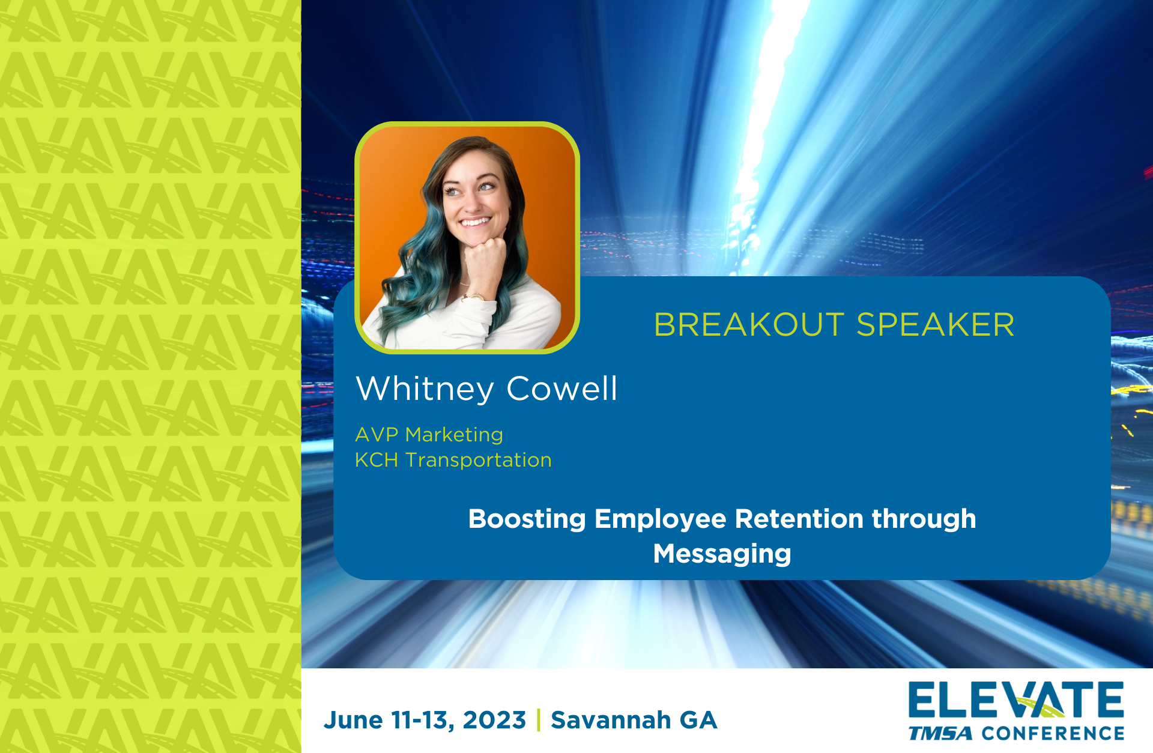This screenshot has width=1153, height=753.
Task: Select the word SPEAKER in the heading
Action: [x=936, y=325]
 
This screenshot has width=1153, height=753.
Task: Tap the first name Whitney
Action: [x=425, y=389]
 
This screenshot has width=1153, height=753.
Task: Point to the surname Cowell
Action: [x=562, y=389]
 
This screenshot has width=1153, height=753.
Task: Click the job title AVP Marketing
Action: [x=429, y=435]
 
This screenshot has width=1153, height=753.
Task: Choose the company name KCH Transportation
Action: [x=453, y=460]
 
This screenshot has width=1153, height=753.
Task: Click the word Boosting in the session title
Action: [x=527, y=519]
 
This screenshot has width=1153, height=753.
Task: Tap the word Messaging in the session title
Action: [x=722, y=554]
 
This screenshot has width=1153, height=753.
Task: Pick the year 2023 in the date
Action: [x=494, y=720]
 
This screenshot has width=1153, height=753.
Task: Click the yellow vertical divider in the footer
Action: [x=539, y=720]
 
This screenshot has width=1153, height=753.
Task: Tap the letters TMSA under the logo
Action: [x=940, y=734]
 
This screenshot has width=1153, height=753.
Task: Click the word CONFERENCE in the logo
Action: [x=1053, y=734]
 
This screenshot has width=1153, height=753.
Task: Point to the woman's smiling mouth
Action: [x=476, y=222]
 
